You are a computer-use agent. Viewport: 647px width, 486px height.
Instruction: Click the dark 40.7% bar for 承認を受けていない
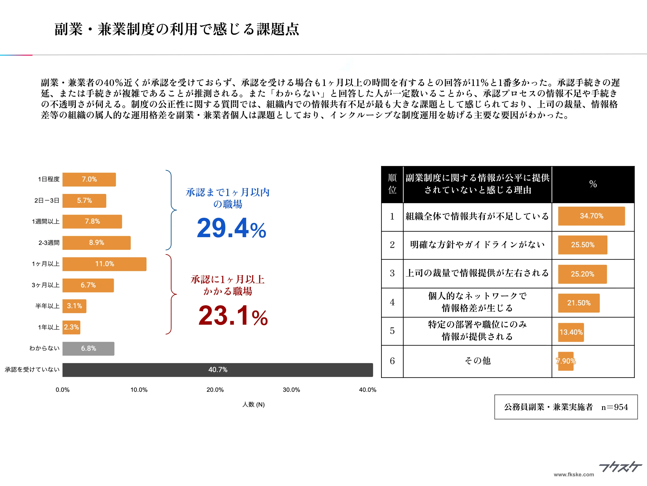click(x=218, y=370)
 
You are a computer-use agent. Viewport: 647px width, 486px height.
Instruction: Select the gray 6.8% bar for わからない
click(x=88, y=349)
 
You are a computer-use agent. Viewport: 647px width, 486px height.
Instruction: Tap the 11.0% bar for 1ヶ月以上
click(x=104, y=264)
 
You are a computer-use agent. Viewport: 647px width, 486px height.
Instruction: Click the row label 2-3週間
click(x=49, y=243)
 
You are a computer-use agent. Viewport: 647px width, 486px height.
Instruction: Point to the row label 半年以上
click(x=47, y=306)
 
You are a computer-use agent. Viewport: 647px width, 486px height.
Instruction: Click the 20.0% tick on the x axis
click(x=215, y=390)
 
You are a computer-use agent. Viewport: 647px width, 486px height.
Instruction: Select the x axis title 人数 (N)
click(x=253, y=405)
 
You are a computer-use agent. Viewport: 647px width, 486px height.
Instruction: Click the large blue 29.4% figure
click(x=231, y=228)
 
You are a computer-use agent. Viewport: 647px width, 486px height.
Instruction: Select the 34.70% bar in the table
click(x=591, y=216)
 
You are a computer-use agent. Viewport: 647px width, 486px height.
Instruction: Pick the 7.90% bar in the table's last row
click(x=565, y=361)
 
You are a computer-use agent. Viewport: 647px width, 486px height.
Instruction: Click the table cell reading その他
click(x=477, y=361)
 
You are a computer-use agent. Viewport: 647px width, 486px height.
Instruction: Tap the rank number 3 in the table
click(x=392, y=273)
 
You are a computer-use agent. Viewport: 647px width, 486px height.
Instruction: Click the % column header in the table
click(x=593, y=184)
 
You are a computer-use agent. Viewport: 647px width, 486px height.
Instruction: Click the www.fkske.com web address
click(x=574, y=475)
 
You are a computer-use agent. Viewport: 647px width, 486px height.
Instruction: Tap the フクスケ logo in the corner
click(x=620, y=467)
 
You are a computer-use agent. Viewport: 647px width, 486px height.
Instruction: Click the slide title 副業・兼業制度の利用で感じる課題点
click(x=177, y=29)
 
